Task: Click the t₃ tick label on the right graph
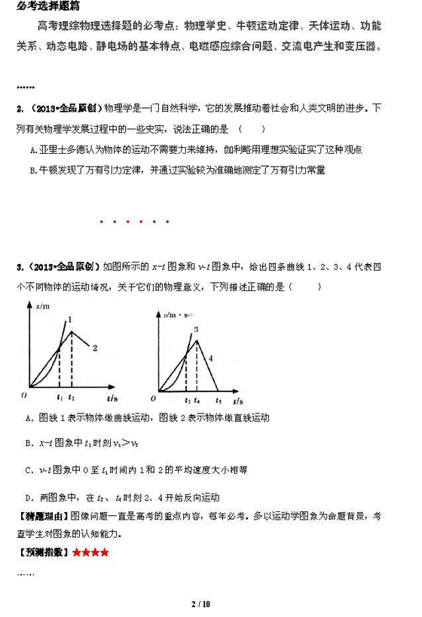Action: pyautogui.click(x=186, y=398)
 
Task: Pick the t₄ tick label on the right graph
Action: pyautogui.click(x=197, y=398)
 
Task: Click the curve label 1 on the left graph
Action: pyautogui.click(x=70, y=320)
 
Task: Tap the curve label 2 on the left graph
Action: pyautogui.click(x=95, y=348)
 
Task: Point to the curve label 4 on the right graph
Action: pyautogui.click(x=211, y=358)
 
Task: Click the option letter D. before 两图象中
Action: pyautogui.click(x=29, y=498)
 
